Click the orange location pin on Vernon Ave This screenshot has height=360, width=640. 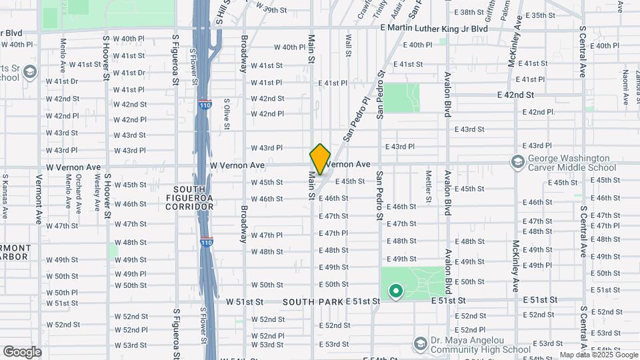(x=320, y=159)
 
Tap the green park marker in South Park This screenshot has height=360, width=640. (x=395, y=291)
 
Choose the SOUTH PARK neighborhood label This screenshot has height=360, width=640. (x=313, y=302)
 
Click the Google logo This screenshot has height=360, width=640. (x=22, y=351)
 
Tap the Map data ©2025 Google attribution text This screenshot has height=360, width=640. (x=598, y=355)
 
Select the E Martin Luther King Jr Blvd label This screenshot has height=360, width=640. (x=433, y=29)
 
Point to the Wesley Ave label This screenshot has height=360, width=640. (x=97, y=193)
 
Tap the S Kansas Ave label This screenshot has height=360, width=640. (x=5, y=197)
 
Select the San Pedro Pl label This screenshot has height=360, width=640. (x=357, y=120)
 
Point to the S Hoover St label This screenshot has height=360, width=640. (x=106, y=56)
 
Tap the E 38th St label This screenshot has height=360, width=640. (x=471, y=13)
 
